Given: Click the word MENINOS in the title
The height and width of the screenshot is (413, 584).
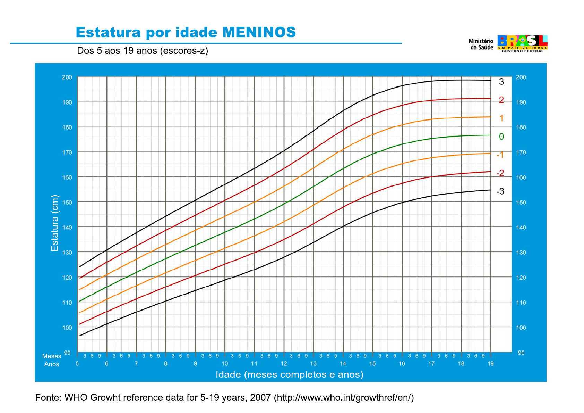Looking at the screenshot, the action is click(x=259, y=32).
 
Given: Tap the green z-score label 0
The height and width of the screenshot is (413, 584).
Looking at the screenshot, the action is click(x=501, y=137).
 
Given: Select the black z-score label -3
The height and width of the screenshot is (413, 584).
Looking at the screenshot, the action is click(x=500, y=191).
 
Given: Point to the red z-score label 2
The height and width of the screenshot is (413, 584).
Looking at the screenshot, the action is click(x=501, y=100).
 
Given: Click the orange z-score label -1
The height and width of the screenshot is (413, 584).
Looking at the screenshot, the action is click(x=500, y=155).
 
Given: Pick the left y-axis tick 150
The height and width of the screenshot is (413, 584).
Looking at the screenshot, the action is click(x=67, y=202).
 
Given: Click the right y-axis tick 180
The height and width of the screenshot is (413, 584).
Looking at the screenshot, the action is click(x=521, y=127).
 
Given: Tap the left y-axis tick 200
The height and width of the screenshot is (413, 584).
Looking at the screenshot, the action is click(x=67, y=77).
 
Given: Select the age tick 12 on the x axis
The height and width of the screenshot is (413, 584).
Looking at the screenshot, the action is click(x=284, y=364).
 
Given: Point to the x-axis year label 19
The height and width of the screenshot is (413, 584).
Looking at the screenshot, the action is click(x=491, y=364).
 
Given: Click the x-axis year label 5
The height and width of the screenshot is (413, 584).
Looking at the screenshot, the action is click(x=77, y=364).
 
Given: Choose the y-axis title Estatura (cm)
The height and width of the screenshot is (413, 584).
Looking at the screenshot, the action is click(x=54, y=223).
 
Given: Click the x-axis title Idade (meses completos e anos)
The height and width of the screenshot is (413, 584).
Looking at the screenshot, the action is click(x=289, y=375).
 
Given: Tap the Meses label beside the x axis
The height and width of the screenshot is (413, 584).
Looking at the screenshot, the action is click(x=52, y=356).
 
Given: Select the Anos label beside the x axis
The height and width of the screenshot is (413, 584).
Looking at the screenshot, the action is click(x=52, y=364).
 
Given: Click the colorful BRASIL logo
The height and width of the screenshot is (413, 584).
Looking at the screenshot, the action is click(x=523, y=44).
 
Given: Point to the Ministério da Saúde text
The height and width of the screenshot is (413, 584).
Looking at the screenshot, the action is click(x=481, y=44).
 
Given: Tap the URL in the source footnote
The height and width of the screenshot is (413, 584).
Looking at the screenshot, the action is click(x=344, y=398).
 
